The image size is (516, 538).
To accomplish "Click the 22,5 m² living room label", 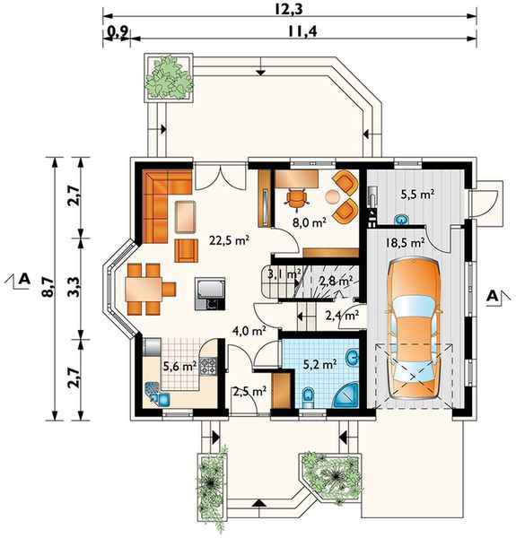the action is coord(230,240).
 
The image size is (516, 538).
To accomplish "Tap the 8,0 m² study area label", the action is coord(309,222).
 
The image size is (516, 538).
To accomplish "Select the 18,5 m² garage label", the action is coord(404,243).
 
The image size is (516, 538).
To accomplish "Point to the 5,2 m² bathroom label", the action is coord(319,364).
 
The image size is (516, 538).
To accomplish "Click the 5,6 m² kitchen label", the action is coord(179,367).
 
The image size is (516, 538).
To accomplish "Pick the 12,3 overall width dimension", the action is coord(289,9).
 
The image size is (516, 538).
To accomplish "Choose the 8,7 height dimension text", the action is coord(49,287).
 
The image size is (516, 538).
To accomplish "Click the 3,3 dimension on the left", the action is coord(75,287).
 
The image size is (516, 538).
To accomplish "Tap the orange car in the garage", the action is coord(414,329).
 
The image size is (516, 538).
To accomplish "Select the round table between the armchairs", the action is coord(332,196).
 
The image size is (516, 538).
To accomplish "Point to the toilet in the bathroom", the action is coord(309,398).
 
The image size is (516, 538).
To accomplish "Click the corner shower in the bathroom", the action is coord(347,396).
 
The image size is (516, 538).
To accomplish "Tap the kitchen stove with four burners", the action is coord(208,366).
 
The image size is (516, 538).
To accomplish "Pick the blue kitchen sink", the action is coord(158,394).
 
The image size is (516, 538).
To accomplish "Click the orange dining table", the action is coord(144,290).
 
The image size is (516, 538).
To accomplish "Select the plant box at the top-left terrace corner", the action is coord(168,77).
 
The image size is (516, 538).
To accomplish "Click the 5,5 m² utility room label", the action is coord(417,195).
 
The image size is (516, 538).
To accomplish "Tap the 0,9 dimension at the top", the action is coord(118,32).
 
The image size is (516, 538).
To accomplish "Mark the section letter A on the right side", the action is coord(493,296).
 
